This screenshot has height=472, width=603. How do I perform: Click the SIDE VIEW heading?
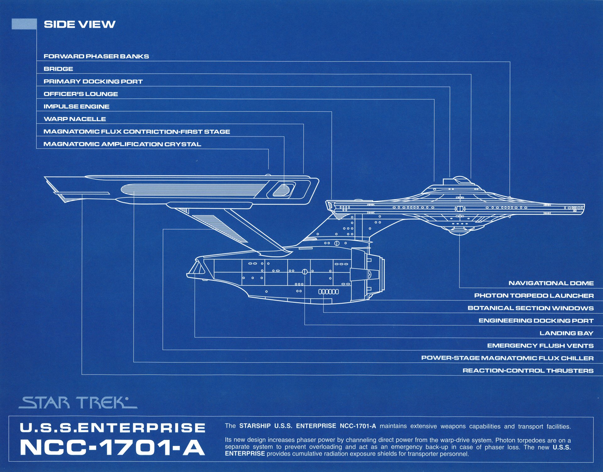79,24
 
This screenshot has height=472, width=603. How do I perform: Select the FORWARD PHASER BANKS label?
96,56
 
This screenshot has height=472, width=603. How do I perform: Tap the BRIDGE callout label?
58,69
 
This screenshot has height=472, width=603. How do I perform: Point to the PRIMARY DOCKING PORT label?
93,81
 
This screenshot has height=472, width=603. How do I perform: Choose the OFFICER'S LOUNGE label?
81,94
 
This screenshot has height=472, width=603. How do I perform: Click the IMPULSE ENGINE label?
76,107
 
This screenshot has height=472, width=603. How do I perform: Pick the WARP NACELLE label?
75,119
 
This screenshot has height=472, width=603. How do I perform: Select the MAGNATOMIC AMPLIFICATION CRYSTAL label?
122,144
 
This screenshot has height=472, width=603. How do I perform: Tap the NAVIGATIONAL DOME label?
551,283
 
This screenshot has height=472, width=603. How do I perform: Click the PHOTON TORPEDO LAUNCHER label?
534,296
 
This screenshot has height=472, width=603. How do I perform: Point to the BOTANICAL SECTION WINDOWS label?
530,308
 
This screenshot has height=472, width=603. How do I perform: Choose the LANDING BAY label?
566,333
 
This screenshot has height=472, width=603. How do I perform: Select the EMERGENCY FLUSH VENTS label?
540,346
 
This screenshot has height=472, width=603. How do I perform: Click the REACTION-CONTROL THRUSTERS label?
528,370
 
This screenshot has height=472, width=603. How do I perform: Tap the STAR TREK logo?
78,403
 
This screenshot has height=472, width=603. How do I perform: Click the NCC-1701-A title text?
112,447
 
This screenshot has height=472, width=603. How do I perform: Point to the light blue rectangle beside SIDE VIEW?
24,24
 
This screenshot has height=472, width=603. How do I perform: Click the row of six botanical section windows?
329,292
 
